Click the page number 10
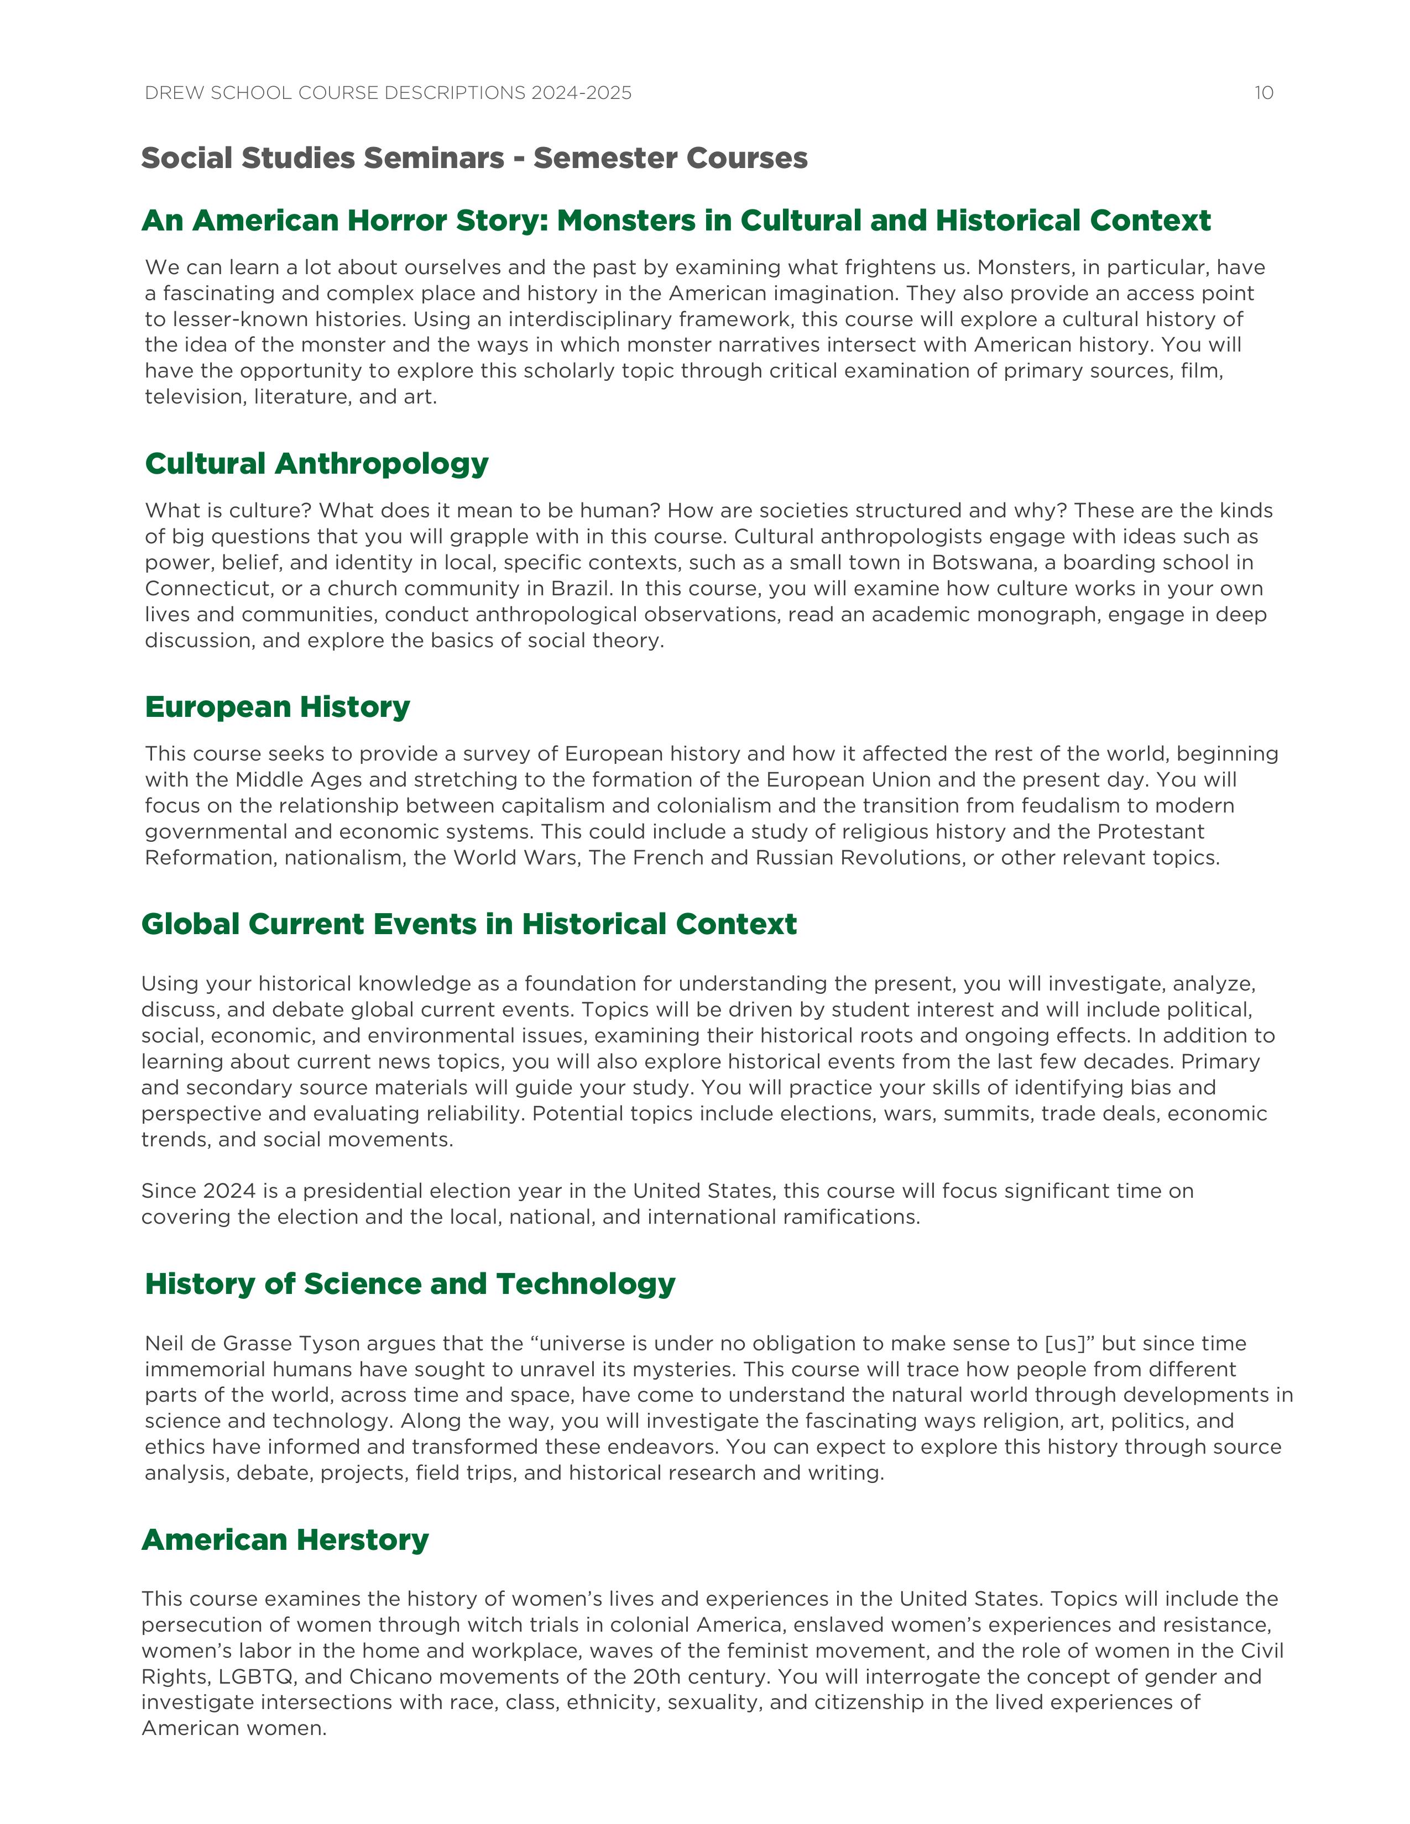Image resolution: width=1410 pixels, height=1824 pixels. point(1263,93)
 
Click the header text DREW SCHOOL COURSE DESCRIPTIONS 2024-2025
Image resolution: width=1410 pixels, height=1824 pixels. point(388,93)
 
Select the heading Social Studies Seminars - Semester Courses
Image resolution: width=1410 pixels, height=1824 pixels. point(474,158)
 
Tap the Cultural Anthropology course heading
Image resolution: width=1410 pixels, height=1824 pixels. point(317,464)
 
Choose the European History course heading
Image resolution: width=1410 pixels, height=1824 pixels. point(278,706)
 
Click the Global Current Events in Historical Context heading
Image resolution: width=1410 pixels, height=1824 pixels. point(468,924)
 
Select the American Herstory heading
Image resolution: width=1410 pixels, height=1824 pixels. point(285,1539)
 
